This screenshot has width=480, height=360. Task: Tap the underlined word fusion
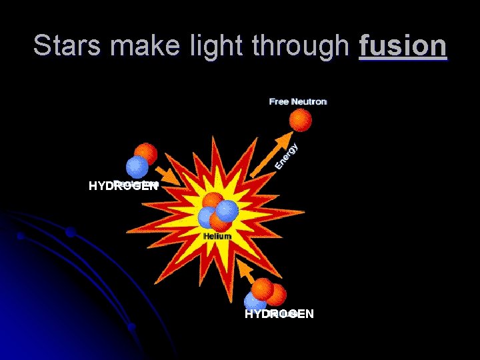coord(403,45)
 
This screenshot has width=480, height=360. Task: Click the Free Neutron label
coord(298,101)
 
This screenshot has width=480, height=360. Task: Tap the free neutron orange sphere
coord(300,121)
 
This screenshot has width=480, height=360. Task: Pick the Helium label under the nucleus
coord(218,236)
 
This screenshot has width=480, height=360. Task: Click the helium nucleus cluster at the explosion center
coord(217,211)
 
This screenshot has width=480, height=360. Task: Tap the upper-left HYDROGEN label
coord(123,186)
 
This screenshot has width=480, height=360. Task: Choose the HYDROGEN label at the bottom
coord(279,313)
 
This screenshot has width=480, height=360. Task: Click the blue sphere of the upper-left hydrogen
coord(137,167)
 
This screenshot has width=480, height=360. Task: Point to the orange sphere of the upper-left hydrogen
coord(146,154)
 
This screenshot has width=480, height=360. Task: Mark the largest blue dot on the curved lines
coord(70,232)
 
